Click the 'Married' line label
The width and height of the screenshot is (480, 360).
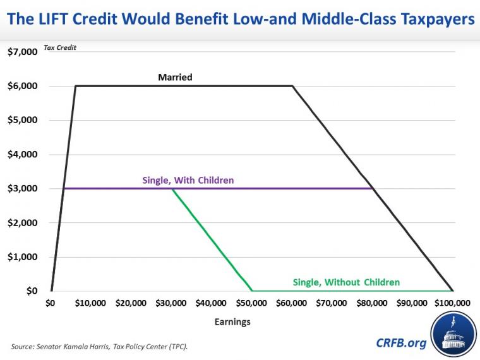(x=175, y=78)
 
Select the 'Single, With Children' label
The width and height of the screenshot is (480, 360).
(x=188, y=180)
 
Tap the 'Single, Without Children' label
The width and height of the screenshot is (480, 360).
(x=346, y=282)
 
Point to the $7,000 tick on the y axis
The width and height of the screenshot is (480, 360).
(x=22, y=52)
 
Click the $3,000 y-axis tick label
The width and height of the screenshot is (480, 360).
(x=22, y=188)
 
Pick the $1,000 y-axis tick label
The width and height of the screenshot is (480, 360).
(x=22, y=257)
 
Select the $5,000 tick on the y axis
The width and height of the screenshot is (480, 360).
(x=22, y=120)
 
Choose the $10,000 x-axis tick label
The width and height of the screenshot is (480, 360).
(x=90, y=303)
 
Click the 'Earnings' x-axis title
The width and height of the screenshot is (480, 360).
(x=232, y=321)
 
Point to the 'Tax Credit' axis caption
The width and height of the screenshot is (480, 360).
(x=60, y=48)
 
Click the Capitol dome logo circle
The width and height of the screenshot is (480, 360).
(x=452, y=334)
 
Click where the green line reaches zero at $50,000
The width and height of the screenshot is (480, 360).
(x=252, y=291)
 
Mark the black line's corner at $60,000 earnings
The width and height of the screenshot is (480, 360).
(x=292, y=86)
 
